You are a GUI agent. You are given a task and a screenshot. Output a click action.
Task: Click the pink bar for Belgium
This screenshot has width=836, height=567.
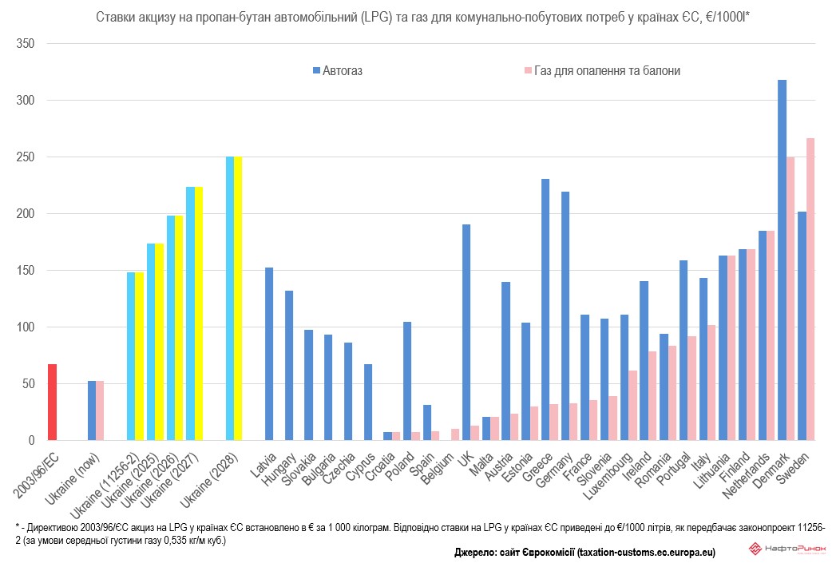tap(455, 434)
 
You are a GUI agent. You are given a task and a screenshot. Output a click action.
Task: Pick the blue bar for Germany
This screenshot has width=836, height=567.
tap(565, 315)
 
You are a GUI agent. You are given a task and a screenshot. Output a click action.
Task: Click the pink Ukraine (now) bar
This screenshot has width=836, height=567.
tap(100, 410)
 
